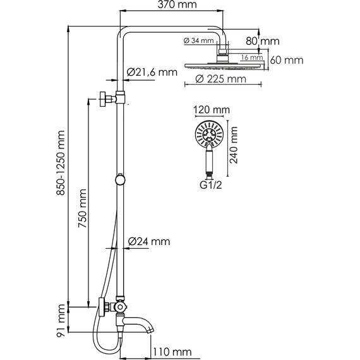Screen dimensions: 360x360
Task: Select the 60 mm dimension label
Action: (285, 61)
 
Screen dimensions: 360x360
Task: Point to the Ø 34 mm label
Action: (198, 41)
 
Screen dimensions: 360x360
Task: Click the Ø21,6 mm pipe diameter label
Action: (152, 72)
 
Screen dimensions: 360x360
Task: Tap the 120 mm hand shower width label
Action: (209, 109)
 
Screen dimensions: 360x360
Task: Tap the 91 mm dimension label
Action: (61, 319)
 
